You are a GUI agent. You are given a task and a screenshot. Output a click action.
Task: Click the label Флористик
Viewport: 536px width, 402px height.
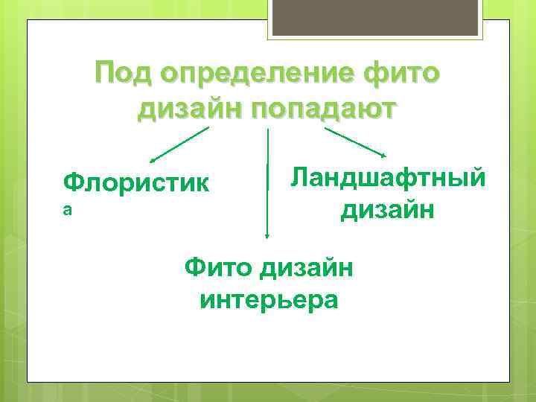(x=136, y=181)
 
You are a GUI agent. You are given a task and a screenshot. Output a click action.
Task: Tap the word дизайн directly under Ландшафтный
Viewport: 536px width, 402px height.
(x=388, y=211)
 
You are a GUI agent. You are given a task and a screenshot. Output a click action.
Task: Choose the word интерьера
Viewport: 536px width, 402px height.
(x=269, y=300)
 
